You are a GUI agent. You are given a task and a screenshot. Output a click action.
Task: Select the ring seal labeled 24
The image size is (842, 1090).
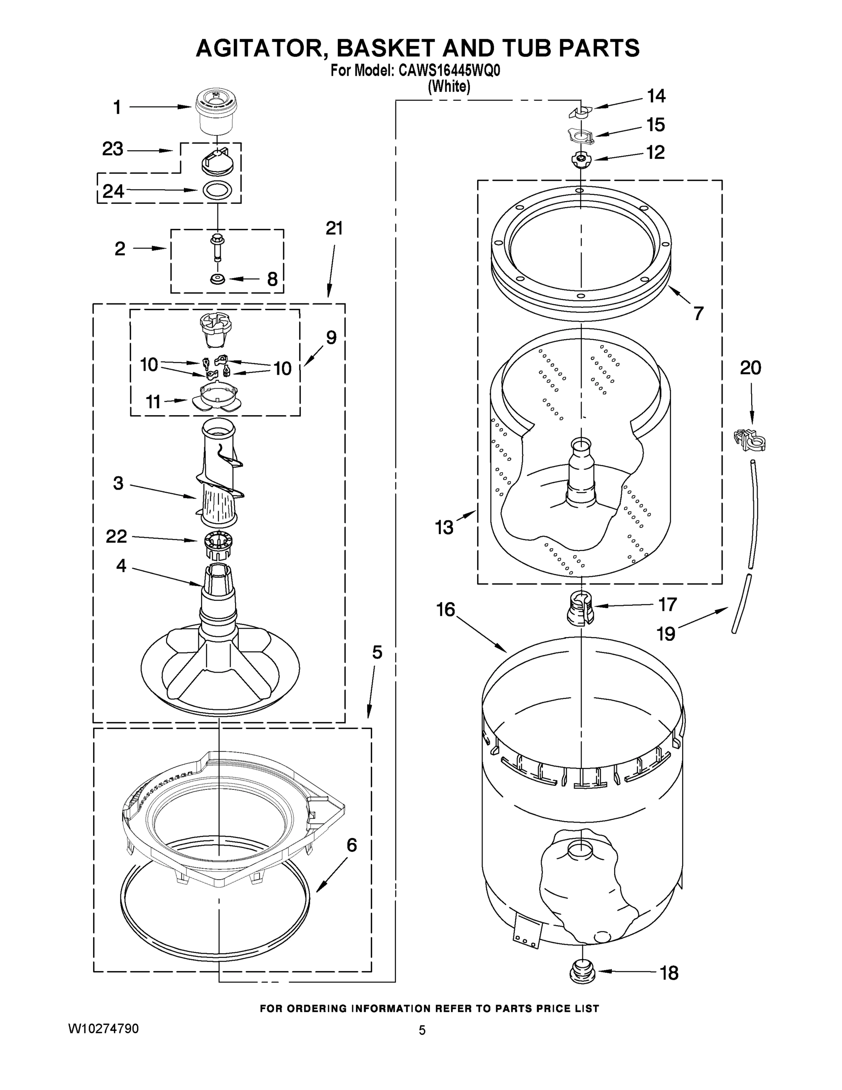[217, 190]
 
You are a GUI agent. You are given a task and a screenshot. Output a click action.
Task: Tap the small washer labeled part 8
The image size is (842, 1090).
[217, 278]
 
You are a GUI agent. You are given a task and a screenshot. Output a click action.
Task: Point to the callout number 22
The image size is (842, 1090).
[116, 536]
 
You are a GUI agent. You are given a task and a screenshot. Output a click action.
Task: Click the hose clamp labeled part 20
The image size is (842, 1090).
[750, 440]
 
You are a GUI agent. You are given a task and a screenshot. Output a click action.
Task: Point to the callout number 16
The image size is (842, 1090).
[445, 609]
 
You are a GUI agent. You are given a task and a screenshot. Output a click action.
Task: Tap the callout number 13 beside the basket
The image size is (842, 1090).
[444, 527]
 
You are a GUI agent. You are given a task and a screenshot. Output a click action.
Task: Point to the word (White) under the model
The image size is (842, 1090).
[449, 86]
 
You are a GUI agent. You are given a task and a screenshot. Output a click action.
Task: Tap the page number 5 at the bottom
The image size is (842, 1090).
[422, 1030]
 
